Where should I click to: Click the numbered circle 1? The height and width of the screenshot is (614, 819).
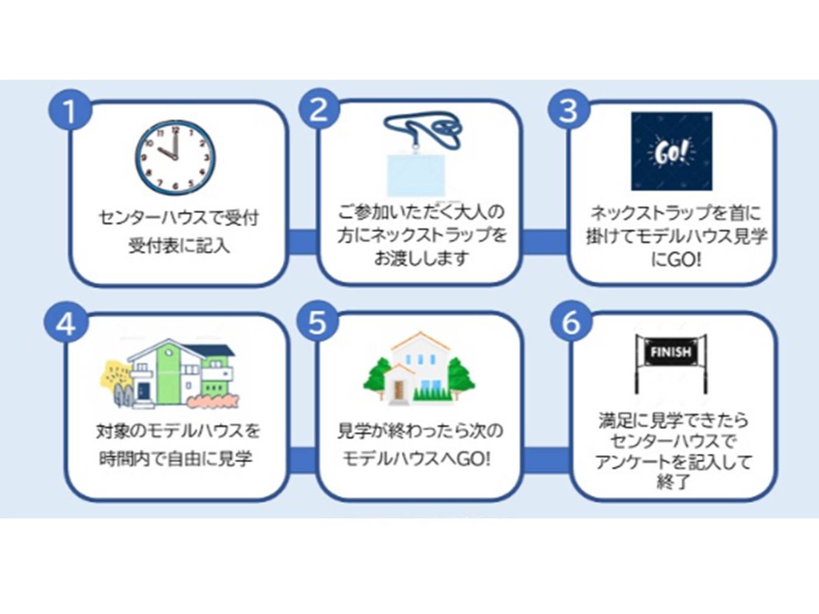click(69, 111)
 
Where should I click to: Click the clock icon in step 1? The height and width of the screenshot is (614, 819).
click(175, 157)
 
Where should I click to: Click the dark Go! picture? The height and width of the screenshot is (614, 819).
click(672, 151)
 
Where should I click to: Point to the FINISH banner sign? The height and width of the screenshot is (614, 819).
click(671, 353)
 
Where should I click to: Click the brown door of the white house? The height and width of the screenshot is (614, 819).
click(399, 390)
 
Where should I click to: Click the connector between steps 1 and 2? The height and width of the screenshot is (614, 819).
click(302, 241)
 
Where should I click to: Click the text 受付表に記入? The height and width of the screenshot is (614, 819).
click(179, 245)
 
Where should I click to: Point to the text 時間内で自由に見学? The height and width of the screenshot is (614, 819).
click(175, 458)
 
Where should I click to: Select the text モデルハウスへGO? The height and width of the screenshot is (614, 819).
click(416, 458)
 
